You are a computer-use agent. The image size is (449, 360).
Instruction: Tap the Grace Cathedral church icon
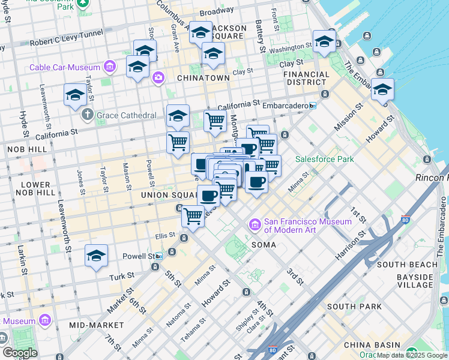tap(88, 114)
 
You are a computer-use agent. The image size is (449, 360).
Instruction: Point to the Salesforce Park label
tap(324, 159)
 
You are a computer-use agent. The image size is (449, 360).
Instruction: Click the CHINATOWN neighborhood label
tap(203, 78)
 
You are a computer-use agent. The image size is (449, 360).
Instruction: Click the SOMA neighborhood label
tap(264, 245)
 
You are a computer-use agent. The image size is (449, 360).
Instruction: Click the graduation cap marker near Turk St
tap(96, 256)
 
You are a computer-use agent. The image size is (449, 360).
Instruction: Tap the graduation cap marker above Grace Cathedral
tap(75, 95)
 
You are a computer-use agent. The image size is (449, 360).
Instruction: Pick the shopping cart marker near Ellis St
tap(193, 216)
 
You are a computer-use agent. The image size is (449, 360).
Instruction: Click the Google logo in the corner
tap(20, 353)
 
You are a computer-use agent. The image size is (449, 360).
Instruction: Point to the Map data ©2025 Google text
tap(412, 355)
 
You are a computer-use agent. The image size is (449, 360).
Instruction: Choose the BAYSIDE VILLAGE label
tap(414, 281)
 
